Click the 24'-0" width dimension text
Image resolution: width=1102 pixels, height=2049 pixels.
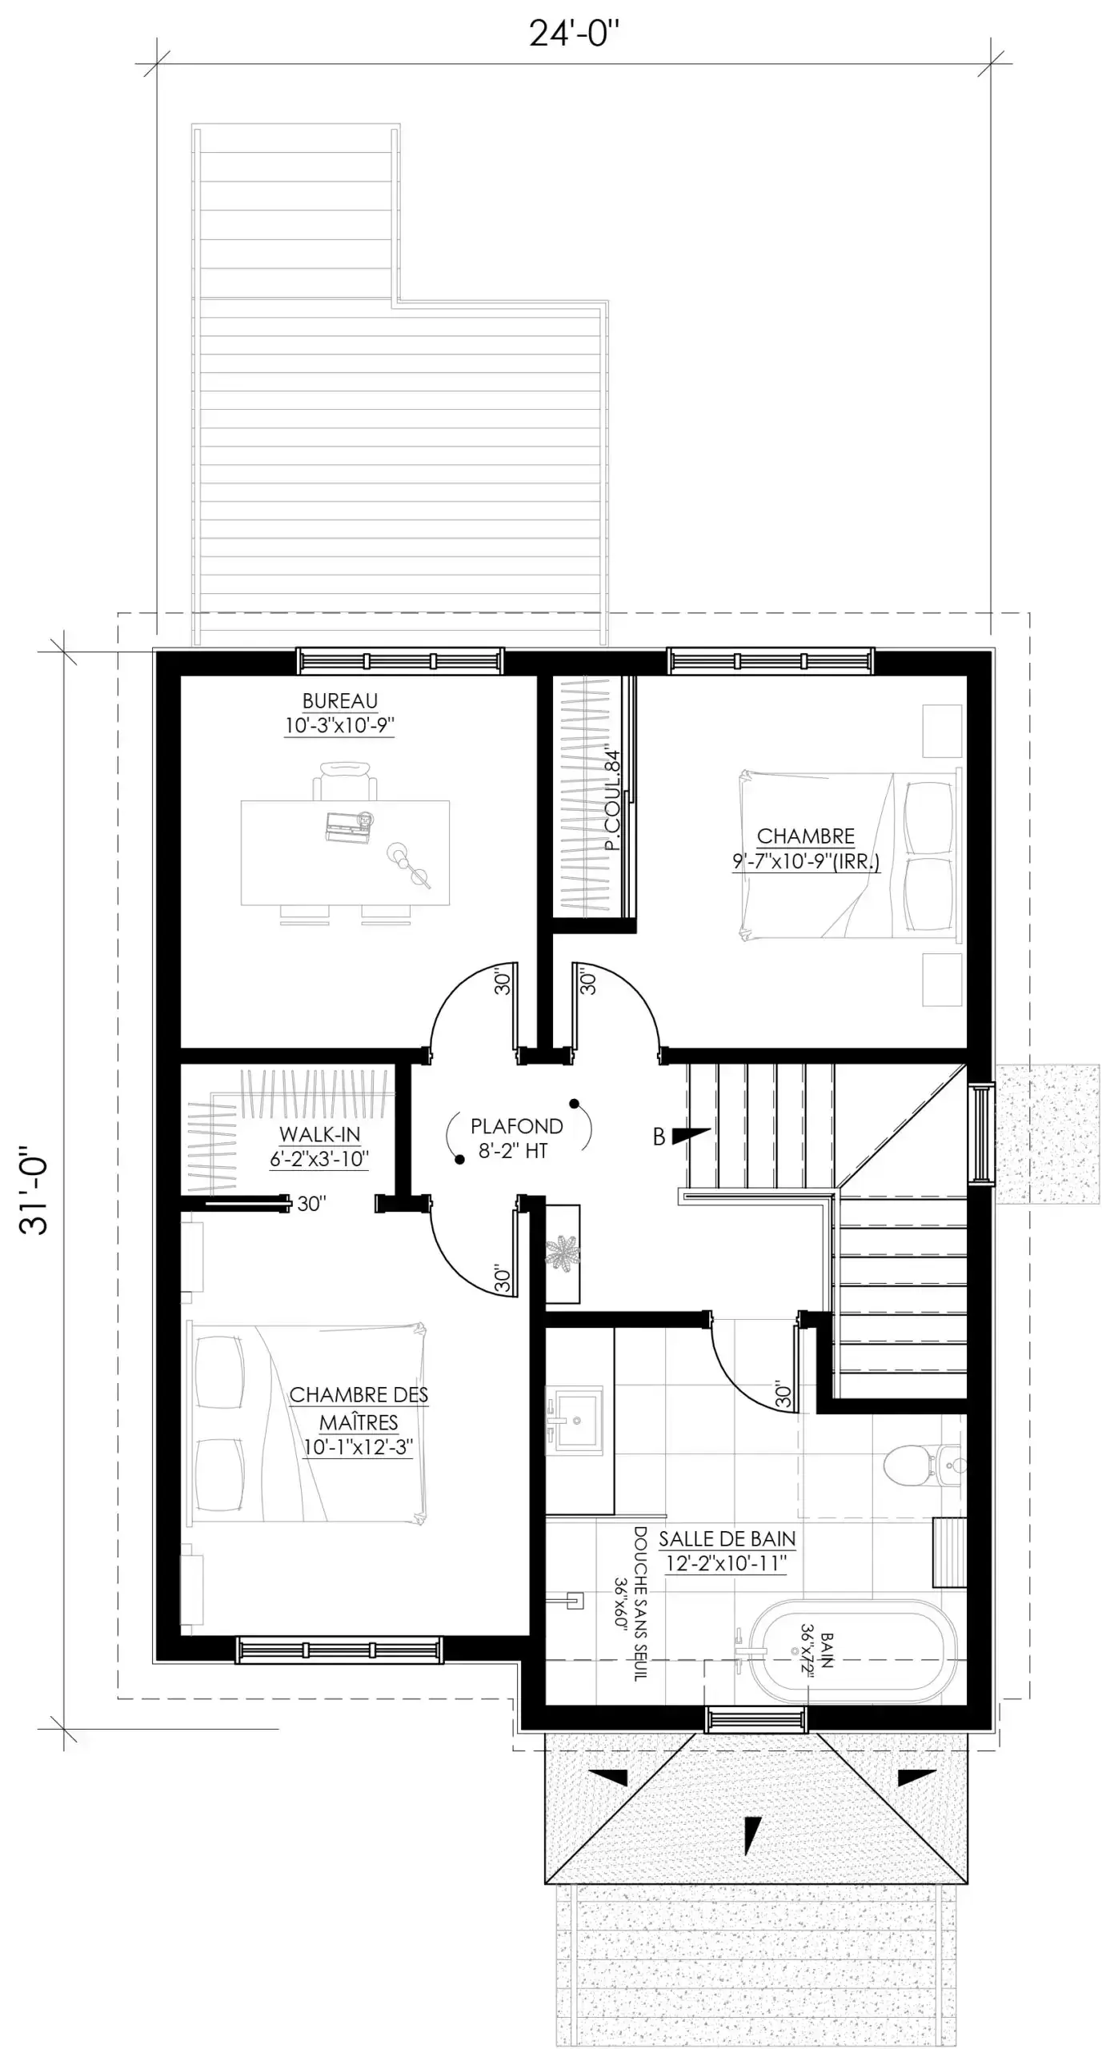click(x=574, y=34)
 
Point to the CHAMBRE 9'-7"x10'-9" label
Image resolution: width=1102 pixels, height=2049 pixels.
click(x=806, y=849)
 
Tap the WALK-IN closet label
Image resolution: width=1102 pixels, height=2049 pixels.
click(x=319, y=1146)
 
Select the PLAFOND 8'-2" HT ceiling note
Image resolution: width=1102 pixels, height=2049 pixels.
click(x=516, y=1138)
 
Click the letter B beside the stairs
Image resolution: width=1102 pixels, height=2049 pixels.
click(x=659, y=1137)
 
